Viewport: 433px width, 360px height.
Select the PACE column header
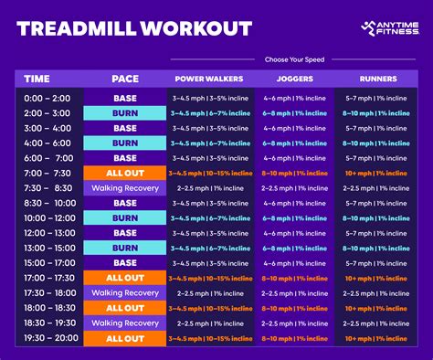point(125,79)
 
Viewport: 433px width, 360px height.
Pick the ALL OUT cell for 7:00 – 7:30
point(125,173)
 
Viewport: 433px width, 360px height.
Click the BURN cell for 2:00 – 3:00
point(125,112)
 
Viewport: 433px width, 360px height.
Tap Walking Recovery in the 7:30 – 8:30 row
point(125,187)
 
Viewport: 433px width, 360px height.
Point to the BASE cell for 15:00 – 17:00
point(125,262)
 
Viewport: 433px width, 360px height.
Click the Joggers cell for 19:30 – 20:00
point(293,337)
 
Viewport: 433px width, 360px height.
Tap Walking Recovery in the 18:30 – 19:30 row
point(125,323)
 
